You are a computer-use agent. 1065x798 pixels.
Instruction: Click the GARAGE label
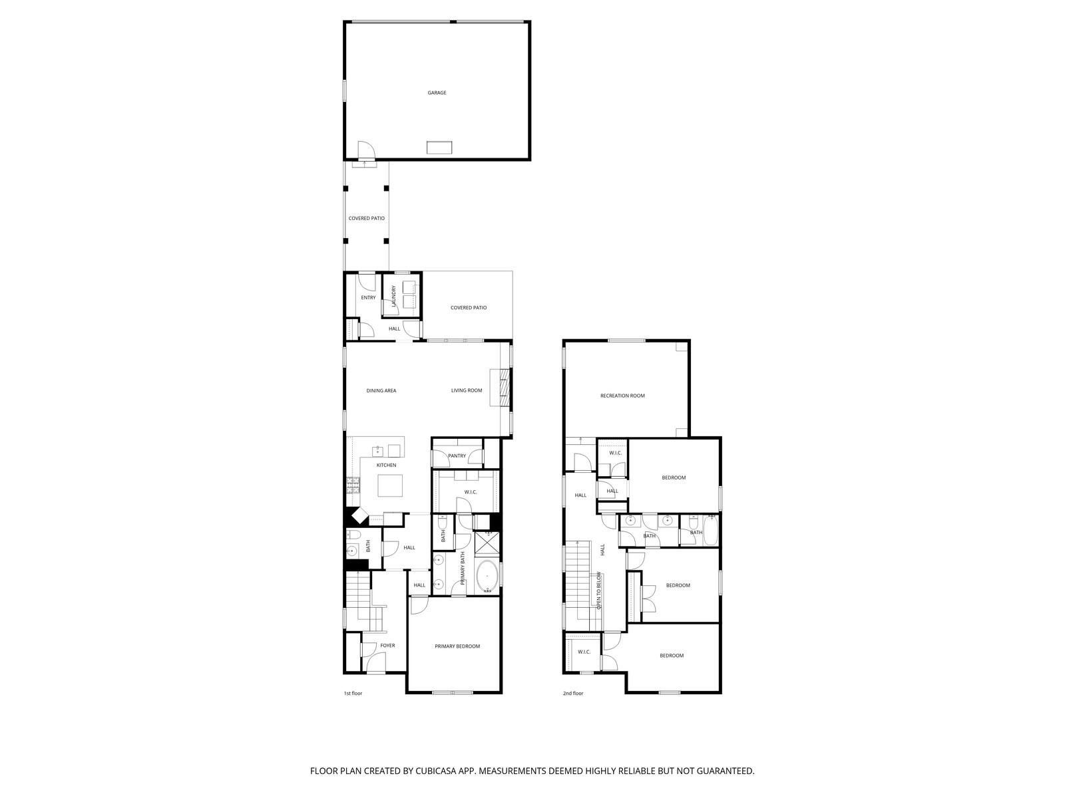pyautogui.click(x=437, y=92)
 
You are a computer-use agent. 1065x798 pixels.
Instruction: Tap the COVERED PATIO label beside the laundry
pyautogui.click(x=468, y=308)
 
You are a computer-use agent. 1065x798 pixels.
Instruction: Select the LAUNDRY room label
pyautogui.click(x=394, y=296)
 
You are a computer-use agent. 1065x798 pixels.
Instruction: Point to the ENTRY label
pyautogui.click(x=368, y=297)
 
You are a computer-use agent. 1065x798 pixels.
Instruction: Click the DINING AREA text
pyautogui.click(x=381, y=390)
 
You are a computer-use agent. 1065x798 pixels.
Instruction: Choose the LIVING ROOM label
pyautogui.click(x=466, y=390)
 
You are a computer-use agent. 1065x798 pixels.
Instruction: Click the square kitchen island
pyautogui.click(x=390, y=485)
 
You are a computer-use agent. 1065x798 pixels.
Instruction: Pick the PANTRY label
pyautogui.click(x=457, y=456)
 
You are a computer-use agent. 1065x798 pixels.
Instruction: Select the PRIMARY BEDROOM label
pyautogui.click(x=457, y=646)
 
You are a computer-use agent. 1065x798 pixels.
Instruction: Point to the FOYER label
pyautogui.click(x=387, y=646)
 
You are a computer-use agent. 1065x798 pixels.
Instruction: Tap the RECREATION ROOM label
pyautogui.click(x=622, y=396)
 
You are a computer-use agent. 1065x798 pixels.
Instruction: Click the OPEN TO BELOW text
pyautogui.click(x=599, y=591)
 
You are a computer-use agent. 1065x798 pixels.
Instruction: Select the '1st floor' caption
pyautogui.click(x=353, y=694)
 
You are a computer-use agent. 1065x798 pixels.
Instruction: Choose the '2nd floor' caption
pyautogui.click(x=572, y=694)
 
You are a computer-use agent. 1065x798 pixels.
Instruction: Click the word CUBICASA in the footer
pyautogui.click(x=435, y=771)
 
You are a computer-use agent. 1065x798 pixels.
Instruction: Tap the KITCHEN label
pyautogui.click(x=386, y=465)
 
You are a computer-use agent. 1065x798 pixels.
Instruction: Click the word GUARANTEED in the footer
pyautogui.click(x=722, y=771)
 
